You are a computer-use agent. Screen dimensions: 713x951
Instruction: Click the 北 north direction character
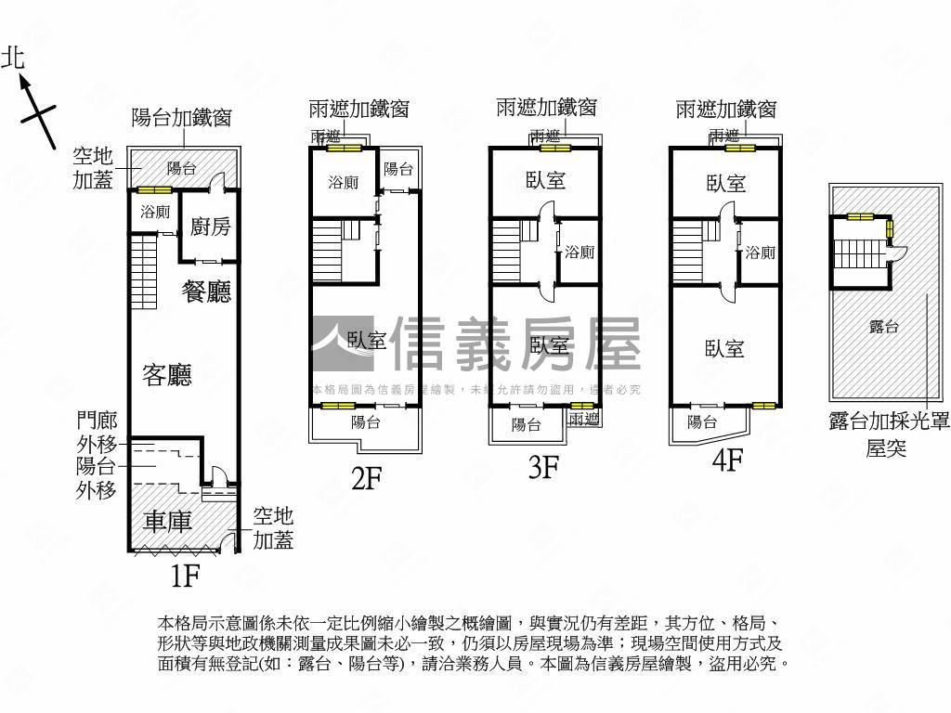pyautogui.click(x=13, y=58)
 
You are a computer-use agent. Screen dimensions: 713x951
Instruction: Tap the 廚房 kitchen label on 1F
pyautogui.click(x=210, y=226)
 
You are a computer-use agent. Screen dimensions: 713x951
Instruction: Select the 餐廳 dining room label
pyautogui.click(x=206, y=292)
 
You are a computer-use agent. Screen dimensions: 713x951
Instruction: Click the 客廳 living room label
pyautogui.click(x=167, y=375)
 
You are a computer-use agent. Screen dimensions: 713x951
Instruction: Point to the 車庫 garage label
pyautogui.click(x=168, y=521)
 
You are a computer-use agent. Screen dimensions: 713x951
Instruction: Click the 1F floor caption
pyautogui.click(x=185, y=577)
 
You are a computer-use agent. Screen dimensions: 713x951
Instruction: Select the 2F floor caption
pyautogui.click(x=366, y=478)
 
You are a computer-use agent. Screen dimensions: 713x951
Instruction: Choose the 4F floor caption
pyautogui.click(x=725, y=460)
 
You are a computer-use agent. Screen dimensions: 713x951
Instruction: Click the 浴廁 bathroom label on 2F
pyautogui.click(x=343, y=183)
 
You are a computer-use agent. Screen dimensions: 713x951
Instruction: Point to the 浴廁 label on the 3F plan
pyautogui.click(x=580, y=252)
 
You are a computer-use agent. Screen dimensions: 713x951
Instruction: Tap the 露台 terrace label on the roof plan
pyautogui.click(x=883, y=326)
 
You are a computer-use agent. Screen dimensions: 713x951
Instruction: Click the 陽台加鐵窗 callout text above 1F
pyautogui.click(x=181, y=118)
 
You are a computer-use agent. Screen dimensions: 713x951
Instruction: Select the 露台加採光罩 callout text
pyautogui.click(x=889, y=421)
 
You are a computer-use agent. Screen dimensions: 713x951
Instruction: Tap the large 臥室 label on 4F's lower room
pyautogui.click(x=724, y=348)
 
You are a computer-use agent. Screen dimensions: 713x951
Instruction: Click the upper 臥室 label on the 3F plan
pyautogui.click(x=544, y=180)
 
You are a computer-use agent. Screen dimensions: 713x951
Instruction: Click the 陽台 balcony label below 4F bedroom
pyautogui.click(x=701, y=422)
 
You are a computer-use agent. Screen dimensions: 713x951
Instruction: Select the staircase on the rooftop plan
pyautogui.click(x=859, y=251)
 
